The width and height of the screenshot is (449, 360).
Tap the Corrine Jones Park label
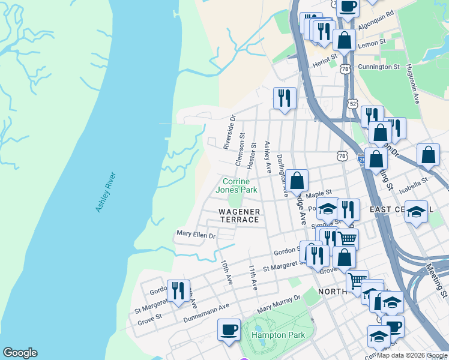point(240,185)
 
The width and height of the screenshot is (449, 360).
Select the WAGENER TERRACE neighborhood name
point(239,216)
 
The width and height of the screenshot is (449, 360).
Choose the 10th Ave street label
point(226,272)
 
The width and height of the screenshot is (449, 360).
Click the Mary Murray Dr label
point(278,304)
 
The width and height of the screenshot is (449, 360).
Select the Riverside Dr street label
point(228,133)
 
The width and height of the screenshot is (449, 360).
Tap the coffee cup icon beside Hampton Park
point(229,329)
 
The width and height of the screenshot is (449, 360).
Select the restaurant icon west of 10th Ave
point(178,291)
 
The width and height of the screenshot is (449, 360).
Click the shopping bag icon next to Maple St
point(297,180)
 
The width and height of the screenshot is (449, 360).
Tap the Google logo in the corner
point(20,353)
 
